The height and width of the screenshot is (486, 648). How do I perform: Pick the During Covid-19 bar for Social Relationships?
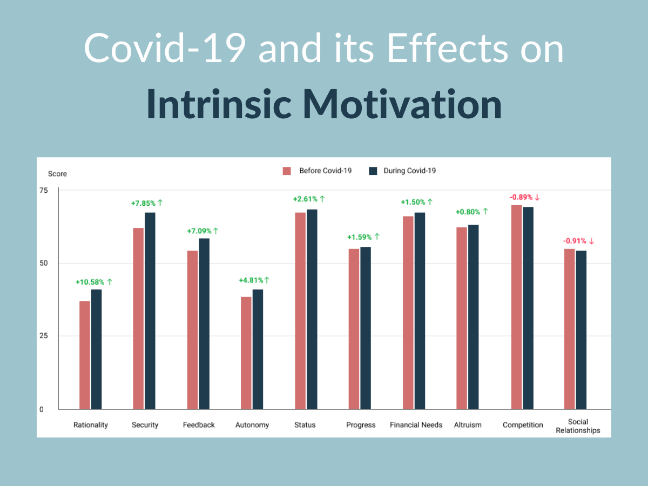pos(581,329)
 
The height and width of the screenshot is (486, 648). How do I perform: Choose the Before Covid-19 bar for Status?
pos(300,310)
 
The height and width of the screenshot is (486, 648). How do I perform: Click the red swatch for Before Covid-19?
pos(287,171)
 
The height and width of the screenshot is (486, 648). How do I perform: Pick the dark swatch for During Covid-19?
pos(373,171)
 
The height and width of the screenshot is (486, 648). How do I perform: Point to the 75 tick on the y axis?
pos(43,190)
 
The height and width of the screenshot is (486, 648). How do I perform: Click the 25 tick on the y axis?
pos(43,336)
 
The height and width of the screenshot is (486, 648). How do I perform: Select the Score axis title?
pos(57,174)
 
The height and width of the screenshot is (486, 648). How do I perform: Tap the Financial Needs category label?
pos(416,425)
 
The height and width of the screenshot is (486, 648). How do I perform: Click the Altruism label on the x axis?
pos(468,425)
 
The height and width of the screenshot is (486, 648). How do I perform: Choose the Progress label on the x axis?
pos(361,425)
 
